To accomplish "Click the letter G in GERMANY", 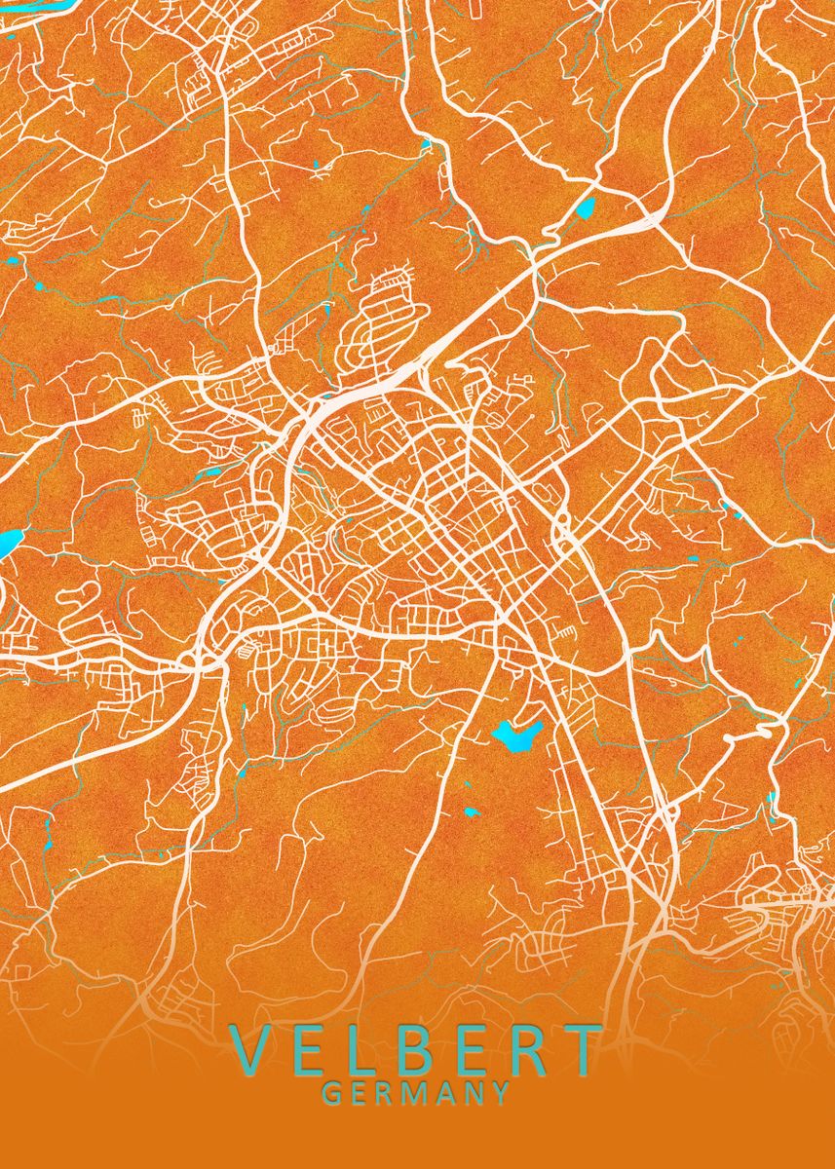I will [331, 1094].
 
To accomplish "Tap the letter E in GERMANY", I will [360, 1094].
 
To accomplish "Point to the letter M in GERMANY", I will [417, 1094].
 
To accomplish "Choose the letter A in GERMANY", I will [447, 1094].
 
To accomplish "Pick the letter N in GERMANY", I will [474, 1094].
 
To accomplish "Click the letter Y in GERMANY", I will [501, 1094].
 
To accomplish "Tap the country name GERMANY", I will [416, 1094].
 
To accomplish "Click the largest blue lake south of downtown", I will [515, 735].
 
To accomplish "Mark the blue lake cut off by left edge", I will [8, 541].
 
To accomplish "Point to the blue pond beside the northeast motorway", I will [587, 207].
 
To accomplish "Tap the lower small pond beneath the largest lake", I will [473, 811].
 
